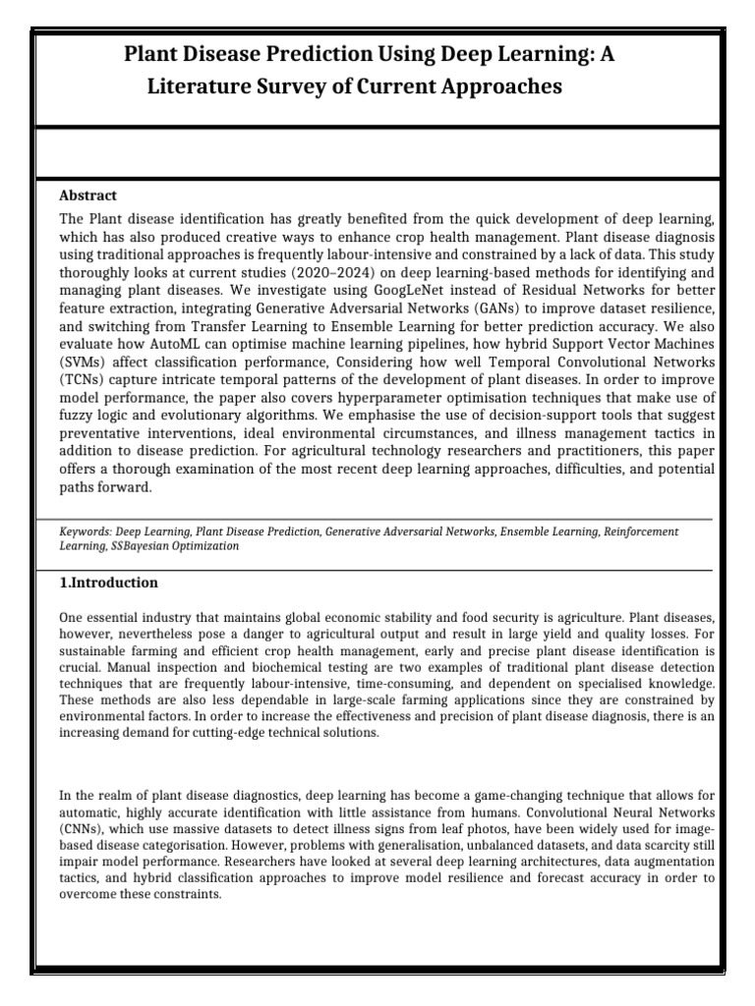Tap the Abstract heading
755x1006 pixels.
click(x=88, y=196)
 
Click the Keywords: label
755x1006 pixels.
click(x=89, y=531)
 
